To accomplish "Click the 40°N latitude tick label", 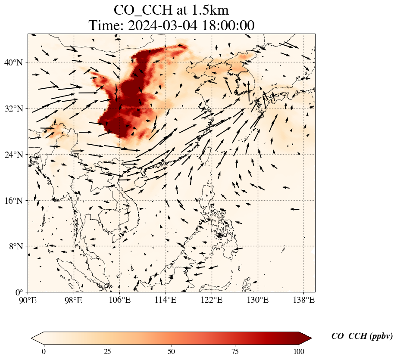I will [13, 62].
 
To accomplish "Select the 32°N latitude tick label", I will [13, 109].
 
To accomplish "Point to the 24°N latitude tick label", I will [13, 155].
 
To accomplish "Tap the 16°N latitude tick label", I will [13, 201].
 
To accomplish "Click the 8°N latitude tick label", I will [16, 246].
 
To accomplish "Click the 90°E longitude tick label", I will [28, 300].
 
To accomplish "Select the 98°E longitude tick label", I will [74, 300].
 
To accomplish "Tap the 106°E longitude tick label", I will [120, 300].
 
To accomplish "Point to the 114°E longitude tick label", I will [166, 300].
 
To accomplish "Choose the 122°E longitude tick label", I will [212, 300].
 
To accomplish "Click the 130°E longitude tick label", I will [258, 300].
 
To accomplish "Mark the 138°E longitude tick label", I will [304, 300].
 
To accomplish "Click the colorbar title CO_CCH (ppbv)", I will [362, 336].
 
